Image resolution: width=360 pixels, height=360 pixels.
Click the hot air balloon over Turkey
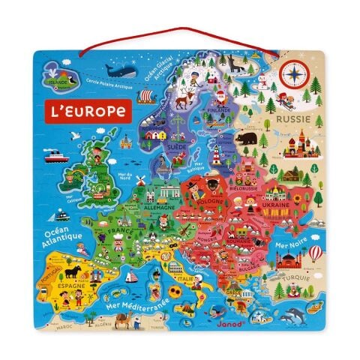[316, 253]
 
